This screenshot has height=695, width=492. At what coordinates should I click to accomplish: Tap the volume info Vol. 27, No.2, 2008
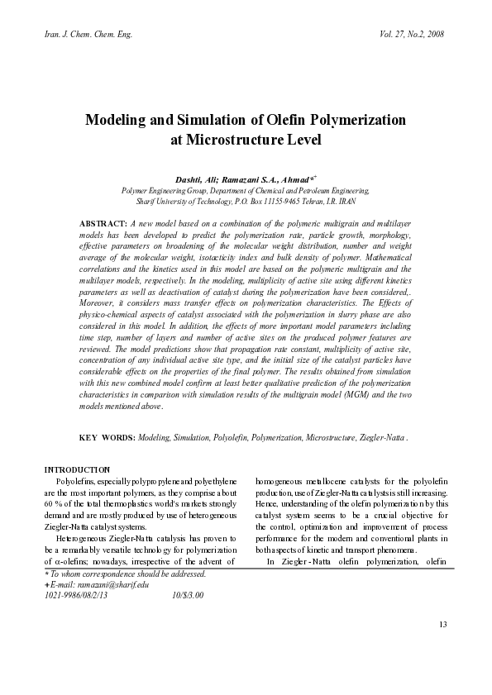pos(409,35)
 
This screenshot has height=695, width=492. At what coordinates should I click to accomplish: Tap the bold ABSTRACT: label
pos(102,225)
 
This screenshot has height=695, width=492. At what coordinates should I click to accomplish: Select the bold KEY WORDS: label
pos(107,436)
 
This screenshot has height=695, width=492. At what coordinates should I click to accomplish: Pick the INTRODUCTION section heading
pos(77,469)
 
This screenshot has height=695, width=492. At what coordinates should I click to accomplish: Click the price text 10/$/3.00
pos(188,594)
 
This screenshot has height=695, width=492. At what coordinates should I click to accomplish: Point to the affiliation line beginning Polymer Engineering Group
pos(246,190)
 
